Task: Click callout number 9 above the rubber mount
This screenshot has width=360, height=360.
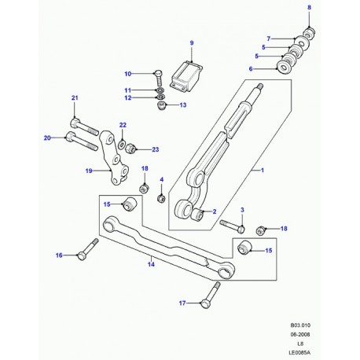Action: tap(190, 41)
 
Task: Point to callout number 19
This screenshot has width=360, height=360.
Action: tap(89, 169)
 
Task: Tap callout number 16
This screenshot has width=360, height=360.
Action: tap(58, 255)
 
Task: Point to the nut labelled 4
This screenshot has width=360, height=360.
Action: tap(160, 198)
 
